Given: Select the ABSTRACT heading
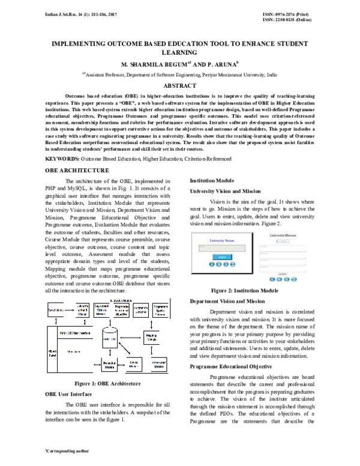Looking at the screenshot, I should [180, 86].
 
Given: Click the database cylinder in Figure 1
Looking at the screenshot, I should [110, 338].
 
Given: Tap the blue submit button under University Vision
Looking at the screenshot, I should [221, 256].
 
